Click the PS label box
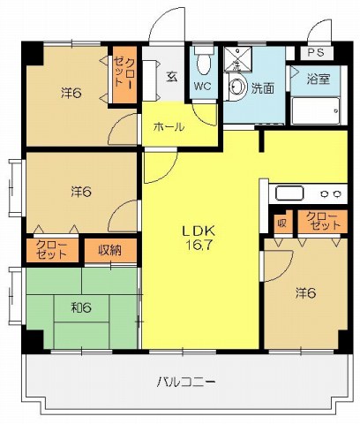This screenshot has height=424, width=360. click(317, 53)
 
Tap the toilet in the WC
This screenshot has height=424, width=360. click(204, 61)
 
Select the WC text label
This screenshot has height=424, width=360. click(203, 87)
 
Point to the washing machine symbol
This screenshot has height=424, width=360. click(237, 59)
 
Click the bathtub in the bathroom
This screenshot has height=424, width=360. click(316, 110)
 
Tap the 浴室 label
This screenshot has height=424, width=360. click(319, 79)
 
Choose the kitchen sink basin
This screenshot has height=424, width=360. click(289, 193)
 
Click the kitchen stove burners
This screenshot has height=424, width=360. click(331, 193)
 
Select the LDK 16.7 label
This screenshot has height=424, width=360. click(199, 238)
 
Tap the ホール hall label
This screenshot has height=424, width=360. click(169, 127)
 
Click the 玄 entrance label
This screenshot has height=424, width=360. click(172, 77)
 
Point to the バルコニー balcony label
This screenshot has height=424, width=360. click(186, 382)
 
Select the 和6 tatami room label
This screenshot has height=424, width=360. click(81, 308)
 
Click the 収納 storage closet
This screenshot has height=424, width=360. click(110, 250)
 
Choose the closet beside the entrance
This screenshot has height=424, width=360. click(125, 75)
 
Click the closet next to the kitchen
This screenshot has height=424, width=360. click(323, 222)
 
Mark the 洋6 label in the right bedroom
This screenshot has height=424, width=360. click(306, 293)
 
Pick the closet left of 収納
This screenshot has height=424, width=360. click(52, 250)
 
